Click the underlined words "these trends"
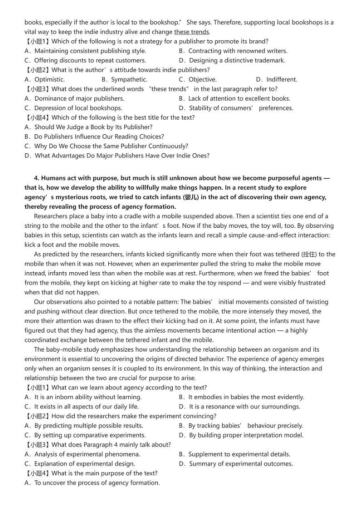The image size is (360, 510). point(191,32)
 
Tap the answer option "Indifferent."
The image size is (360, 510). point(277,79)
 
